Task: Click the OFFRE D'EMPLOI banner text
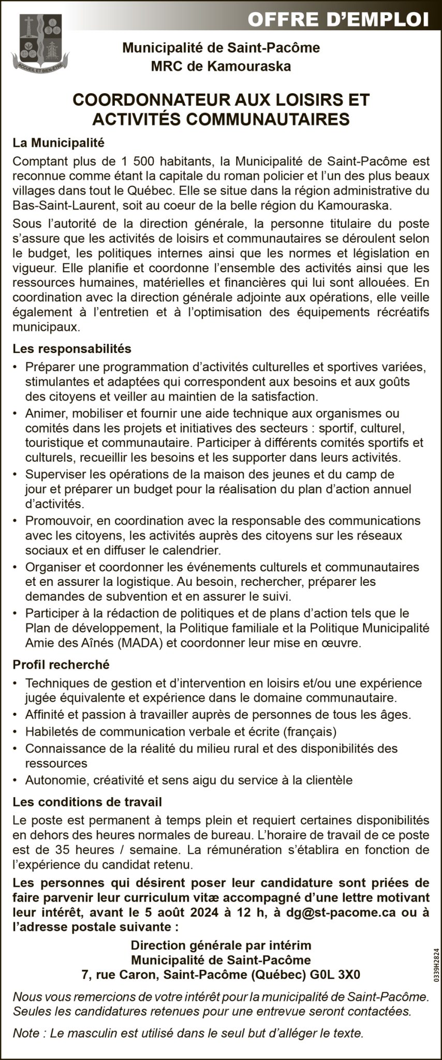click(338, 20)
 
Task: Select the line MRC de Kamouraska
click(221, 66)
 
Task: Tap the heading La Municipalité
click(58, 141)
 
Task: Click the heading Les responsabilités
click(72, 349)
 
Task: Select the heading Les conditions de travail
click(87, 802)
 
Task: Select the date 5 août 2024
click(176, 912)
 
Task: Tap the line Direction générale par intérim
click(221, 946)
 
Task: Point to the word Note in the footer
click(26, 1034)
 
